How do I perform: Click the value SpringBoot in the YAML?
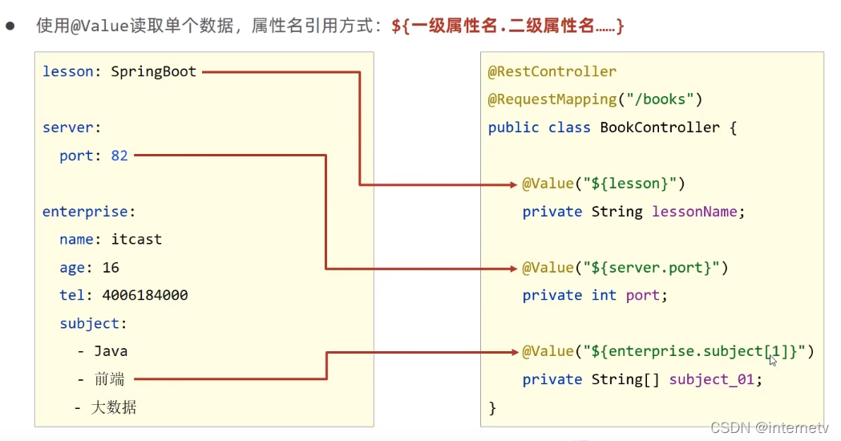tap(153, 71)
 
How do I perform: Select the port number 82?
tap(119, 156)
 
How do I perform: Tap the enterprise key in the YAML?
tap(86, 212)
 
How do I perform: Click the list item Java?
tap(111, 350)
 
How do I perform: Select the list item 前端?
tap(110, 378)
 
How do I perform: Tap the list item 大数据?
tap(114, 407)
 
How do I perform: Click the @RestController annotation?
tap(552, 71)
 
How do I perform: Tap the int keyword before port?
tap(603, 295)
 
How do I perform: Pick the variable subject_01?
tap(711, 379)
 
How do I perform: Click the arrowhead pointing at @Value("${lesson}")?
tap(513, 184)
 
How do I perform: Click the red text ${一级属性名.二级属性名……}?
tap(507, 26)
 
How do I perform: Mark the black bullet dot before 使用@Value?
tap(10, 26)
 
